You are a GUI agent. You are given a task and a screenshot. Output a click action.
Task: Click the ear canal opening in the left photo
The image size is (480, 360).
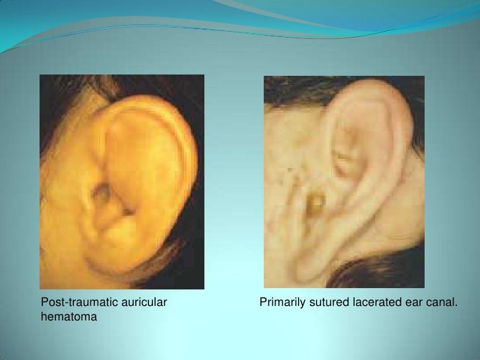coord(104,193)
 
